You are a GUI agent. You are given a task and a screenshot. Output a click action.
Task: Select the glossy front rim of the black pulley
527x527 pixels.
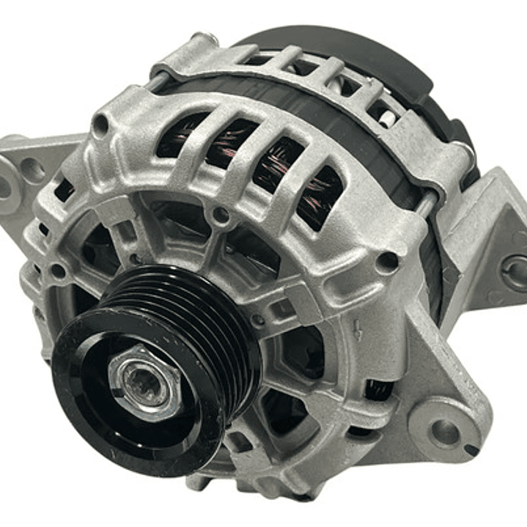88,396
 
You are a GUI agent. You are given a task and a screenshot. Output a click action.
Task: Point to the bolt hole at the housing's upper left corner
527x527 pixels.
101,126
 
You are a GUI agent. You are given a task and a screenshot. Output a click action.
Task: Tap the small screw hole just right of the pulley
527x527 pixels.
258,320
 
